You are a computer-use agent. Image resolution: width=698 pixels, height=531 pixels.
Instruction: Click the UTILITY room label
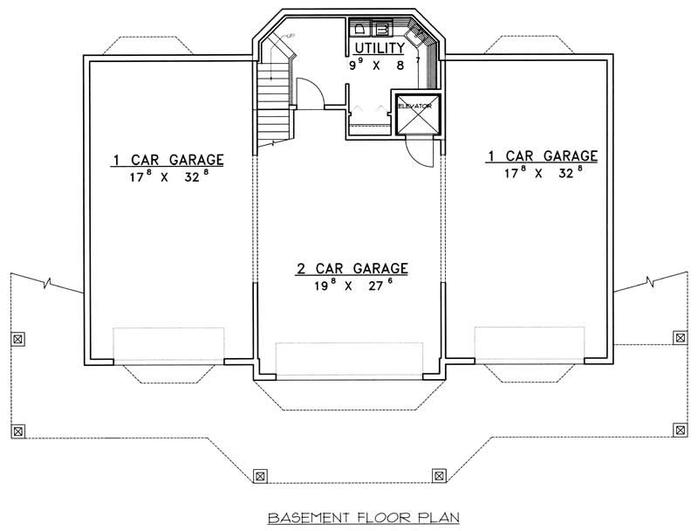click(378, 48)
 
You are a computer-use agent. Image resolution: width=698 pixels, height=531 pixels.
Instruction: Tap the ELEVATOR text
click(415, 106)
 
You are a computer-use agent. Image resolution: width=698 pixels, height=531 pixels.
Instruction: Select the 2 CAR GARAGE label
click(351, 269)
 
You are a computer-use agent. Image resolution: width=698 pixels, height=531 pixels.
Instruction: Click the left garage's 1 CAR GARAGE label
click(168, 160)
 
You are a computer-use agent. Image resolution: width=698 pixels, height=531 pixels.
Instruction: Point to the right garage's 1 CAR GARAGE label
click(542, 155)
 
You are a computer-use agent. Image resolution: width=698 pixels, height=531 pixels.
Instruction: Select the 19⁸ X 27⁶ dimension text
click(349, 286)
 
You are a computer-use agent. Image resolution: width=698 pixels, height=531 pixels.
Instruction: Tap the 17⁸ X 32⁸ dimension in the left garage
click(167, 176)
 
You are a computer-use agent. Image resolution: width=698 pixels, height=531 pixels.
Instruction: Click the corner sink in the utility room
click(426, 38)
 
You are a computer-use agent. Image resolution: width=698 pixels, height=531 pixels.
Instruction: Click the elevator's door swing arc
click(422, 151)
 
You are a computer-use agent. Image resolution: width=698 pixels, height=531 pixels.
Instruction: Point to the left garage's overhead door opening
click(168, 344)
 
